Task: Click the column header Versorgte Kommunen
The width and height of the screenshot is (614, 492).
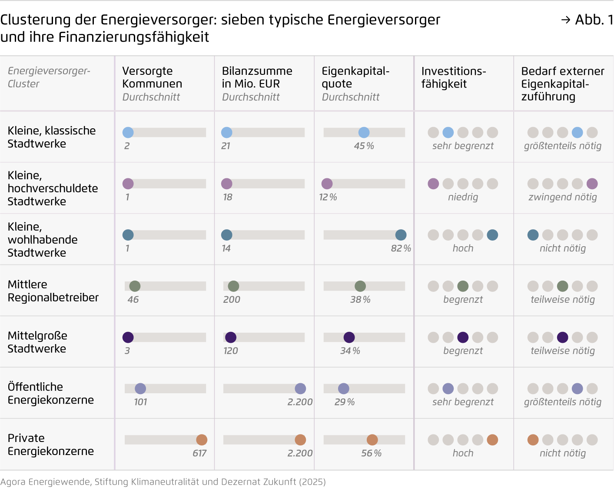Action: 152,77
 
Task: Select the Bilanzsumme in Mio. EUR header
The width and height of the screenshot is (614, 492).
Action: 257,77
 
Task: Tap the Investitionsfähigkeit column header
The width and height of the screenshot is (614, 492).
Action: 453,77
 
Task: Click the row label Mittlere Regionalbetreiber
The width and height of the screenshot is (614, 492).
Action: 53,291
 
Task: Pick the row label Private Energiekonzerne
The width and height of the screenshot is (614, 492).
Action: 50,444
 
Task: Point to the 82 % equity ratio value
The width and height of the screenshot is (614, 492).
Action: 401,248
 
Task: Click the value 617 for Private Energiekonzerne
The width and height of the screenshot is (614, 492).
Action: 199,453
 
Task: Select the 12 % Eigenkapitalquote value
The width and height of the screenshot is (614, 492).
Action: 328,197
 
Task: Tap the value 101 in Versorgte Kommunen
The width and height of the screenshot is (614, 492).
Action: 140,402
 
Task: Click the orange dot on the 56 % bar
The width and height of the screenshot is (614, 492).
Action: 372,440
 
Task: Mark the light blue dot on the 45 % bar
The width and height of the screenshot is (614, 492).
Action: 364,133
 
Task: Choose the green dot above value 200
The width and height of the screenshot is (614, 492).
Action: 233,286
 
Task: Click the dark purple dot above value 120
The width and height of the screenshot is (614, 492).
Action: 231,337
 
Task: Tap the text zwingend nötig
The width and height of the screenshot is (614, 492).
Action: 562,197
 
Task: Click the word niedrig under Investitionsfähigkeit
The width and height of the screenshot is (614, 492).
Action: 463,197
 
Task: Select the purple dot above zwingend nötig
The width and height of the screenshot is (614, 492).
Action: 592,184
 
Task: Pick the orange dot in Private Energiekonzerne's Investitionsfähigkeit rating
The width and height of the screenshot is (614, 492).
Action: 492,440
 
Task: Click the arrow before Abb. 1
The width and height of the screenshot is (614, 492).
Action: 565,20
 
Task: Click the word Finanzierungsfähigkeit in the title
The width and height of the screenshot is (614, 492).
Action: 133,37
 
